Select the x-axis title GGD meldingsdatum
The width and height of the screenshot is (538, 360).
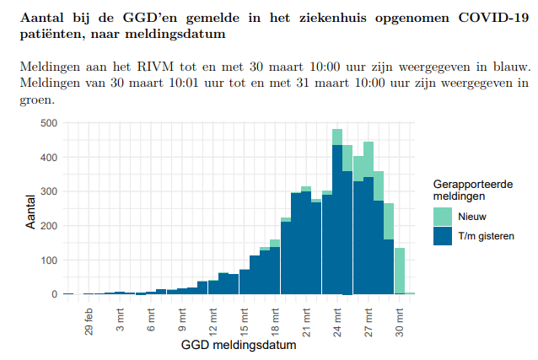point(238,346)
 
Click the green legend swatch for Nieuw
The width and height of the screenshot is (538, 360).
point(444,217)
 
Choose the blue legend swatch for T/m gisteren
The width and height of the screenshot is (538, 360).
point(444,236)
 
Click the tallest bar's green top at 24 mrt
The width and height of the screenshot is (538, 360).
point(337,137)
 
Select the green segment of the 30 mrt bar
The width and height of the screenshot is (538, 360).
point(400,270)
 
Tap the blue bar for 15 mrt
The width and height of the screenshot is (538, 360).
point(245,282)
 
